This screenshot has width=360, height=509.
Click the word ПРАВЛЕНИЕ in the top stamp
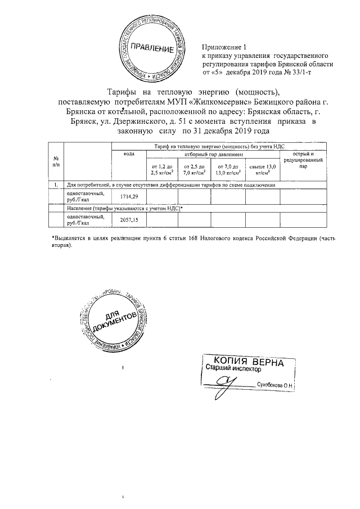click(x=151, y=47)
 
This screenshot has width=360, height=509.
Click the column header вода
click(x=128, y=153)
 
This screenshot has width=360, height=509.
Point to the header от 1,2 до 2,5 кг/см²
click(x=161, y=170)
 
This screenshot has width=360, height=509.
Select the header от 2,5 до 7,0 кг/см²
click(x=194, y=170)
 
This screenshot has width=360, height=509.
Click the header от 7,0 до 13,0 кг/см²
click(x=228, y=170)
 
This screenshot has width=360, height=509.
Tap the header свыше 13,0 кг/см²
click(x=262, y=170)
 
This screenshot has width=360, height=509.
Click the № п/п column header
click(x=56, y=161)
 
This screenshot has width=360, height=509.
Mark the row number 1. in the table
click(x=56, y=184)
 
